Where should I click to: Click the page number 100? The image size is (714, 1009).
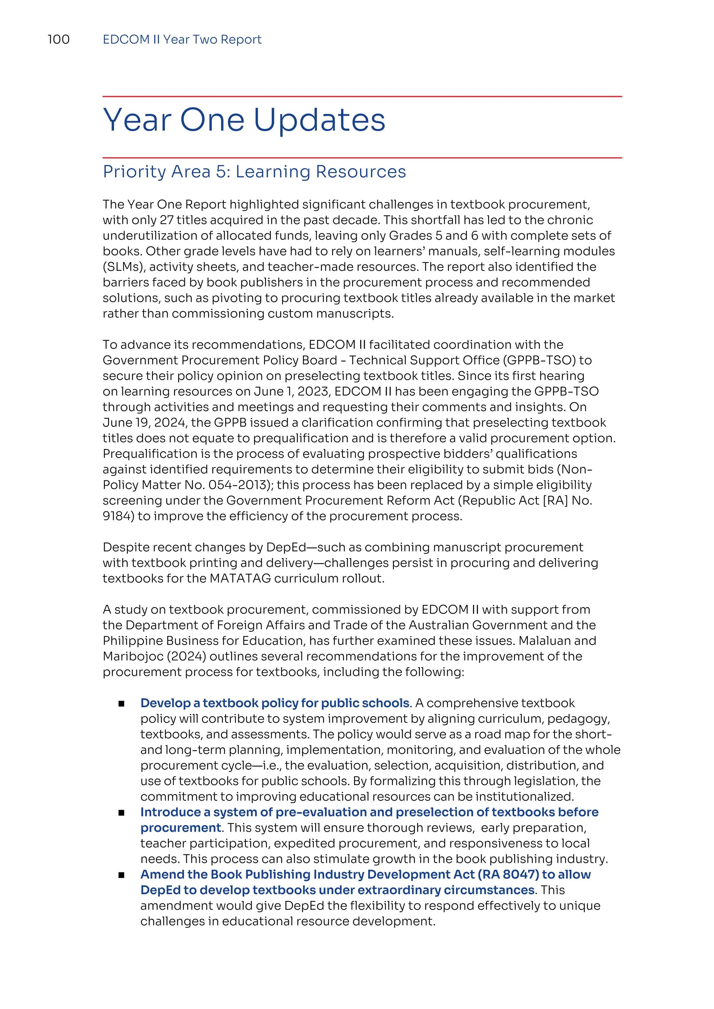pos(59,40)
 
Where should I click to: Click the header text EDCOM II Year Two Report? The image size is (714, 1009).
pos(182,40)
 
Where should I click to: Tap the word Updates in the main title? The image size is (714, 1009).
pos(319,120)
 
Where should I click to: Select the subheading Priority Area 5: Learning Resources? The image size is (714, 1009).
pos(254,172)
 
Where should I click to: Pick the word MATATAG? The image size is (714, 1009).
pos(241,579)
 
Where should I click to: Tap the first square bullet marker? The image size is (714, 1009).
pos(121,704)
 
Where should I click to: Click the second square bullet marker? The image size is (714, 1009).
pos(121,813)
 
